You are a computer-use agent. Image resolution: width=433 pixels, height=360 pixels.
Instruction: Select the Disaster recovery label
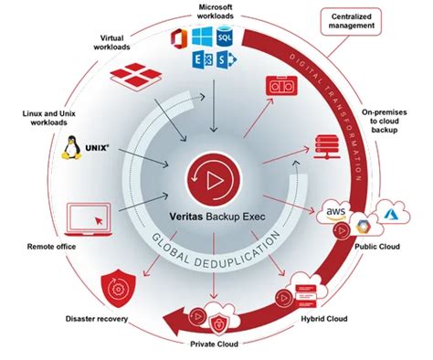pos(103,318)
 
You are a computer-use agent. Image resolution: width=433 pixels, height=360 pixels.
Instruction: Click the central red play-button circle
pos(211,175)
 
